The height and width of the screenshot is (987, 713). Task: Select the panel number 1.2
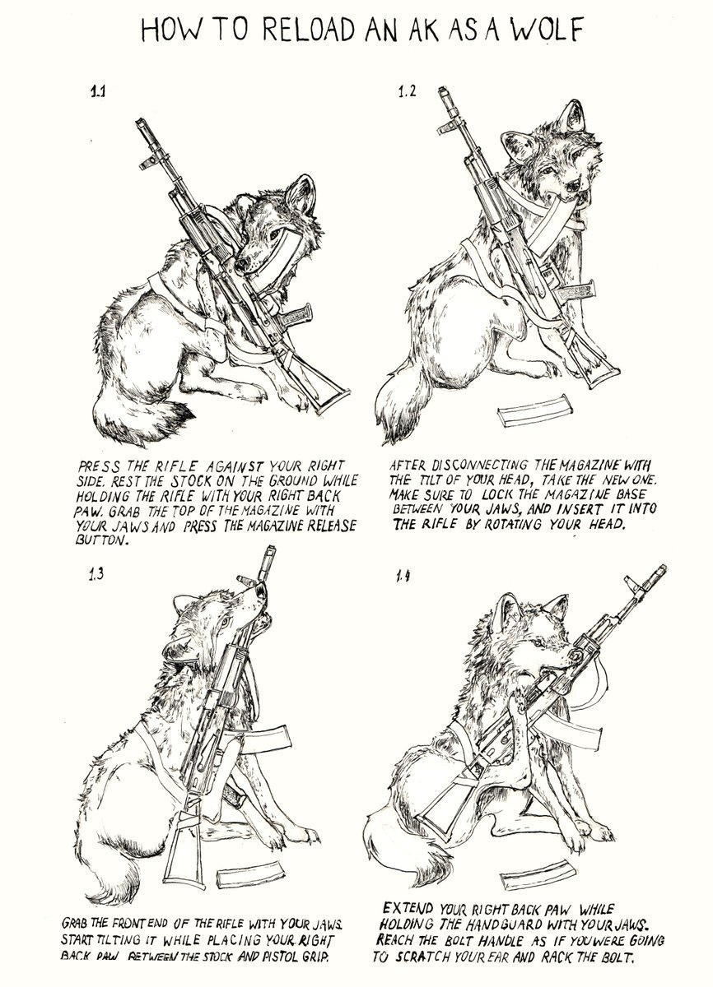(x=407, y=92)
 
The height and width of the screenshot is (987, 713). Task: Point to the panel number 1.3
(x=96, y=574)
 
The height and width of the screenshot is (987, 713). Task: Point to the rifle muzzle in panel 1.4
(x=660, y=570)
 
